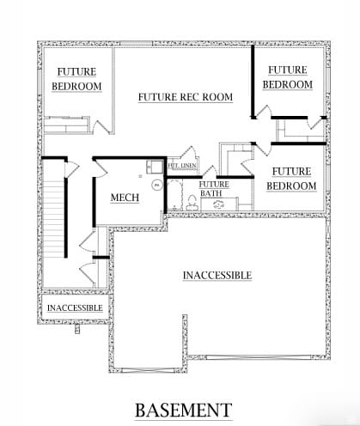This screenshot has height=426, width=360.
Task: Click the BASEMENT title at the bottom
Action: click(x=182, y=409)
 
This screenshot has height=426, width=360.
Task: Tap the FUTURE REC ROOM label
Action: click(x=186, y=97)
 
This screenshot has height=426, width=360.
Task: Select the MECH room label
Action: click(x=125, y=198)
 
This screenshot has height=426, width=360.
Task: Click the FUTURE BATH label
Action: click(x=214, y=189)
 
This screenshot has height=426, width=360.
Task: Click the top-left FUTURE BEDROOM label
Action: click(x=76, y=79)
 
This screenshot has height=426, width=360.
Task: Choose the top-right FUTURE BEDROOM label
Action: click(x=287, y=77)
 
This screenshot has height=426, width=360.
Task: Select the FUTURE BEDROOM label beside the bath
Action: click(x=289, y=179)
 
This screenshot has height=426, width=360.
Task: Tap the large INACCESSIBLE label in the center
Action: click(x=217, y=275)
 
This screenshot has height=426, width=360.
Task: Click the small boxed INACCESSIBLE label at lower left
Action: click(x=75, y=307)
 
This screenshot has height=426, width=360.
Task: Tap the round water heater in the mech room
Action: click(x=156, y=184)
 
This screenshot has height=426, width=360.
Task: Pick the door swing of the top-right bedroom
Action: click(x=263, y=112)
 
